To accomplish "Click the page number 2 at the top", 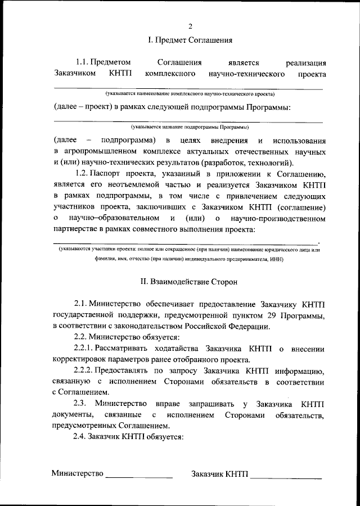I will tap(190, 26).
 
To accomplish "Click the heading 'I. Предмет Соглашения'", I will tap(190, 40).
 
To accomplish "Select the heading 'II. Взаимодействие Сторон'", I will tap(189, 280).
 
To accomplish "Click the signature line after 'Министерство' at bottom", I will tap(139, 476).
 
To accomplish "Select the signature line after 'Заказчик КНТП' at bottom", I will tap(286, 476).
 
